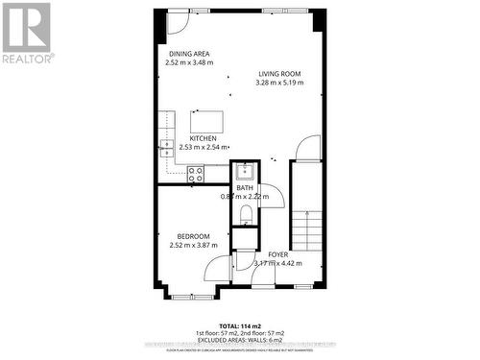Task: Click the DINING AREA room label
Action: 189,54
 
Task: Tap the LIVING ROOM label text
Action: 279,73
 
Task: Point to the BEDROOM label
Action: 193,235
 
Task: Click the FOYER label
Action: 278,253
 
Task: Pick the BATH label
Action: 245,187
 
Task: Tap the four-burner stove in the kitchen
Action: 195,174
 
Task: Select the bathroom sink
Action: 244,172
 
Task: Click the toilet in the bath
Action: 245,213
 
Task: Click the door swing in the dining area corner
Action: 176,22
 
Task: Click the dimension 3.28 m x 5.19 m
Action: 279,83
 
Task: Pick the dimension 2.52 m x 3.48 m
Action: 189,63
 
